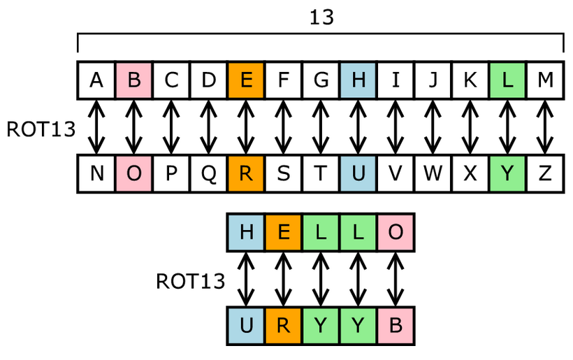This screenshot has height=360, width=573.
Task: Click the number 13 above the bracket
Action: [x=321, y=17]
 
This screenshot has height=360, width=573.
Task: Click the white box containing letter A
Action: [x=96, y=80]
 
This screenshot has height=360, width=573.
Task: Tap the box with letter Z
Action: [x=545, y=174]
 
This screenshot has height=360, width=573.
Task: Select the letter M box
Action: [x=545, y=80]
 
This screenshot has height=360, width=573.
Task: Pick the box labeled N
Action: [x=96, y=174]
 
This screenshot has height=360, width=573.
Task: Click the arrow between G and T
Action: [x=321, y=127]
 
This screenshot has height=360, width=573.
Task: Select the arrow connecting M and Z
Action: [x=545, y=127]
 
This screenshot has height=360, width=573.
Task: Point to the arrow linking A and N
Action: [x=96, y=127]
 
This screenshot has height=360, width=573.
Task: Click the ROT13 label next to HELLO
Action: [x=190, y=281]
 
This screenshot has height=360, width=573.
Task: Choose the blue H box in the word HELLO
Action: [x=246, y=232]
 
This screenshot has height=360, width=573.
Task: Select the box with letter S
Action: [x=284, y=174]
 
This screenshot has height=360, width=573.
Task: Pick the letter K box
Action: [x=470, y=80]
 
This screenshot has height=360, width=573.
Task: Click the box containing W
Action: [x=433, y=174]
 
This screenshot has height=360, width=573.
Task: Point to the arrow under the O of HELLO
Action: [x=396, y=280]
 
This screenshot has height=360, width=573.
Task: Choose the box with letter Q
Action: [x=209, y=174]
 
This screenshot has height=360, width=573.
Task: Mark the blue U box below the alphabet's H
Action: [x=358, y=174]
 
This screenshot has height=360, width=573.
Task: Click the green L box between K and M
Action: [x=508, y=80]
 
